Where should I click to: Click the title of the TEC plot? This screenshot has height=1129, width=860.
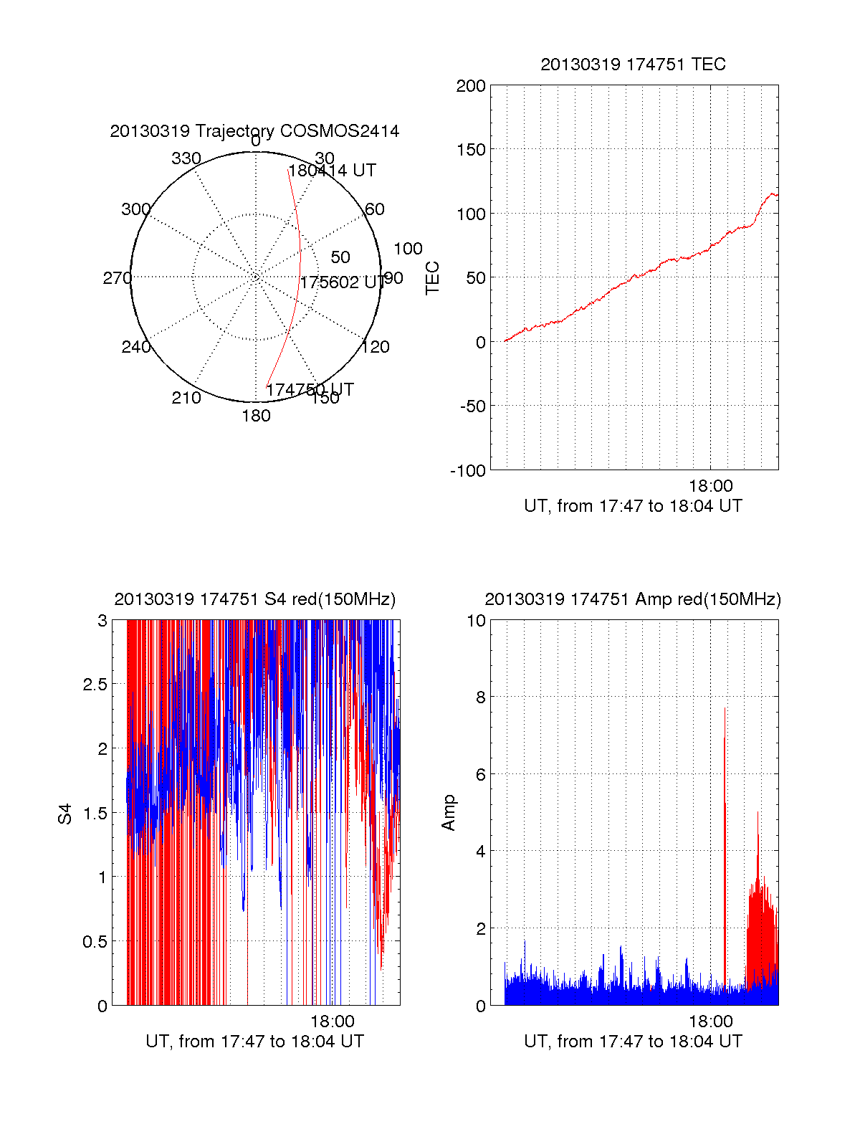tap(633, 65)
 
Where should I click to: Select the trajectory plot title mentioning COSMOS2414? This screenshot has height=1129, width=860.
tap(254, 131)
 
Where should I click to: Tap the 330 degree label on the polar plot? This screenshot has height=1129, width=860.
tap(186, 158)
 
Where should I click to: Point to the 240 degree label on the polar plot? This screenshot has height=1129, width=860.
tap(135, 347)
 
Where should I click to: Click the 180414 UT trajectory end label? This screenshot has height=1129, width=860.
tap(332, 171)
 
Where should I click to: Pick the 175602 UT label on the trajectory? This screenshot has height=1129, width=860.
tap(342, 282)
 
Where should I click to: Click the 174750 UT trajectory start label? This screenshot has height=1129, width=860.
tap(310, 389)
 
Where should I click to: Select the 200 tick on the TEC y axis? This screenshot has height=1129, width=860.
tap(471, 87)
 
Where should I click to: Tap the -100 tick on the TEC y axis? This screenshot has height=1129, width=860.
tap(468, 471)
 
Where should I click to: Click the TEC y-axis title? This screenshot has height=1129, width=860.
tap(433, 278)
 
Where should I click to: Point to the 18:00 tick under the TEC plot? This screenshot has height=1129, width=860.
tap(710, 487)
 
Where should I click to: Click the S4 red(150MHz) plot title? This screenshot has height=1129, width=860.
tap(254, 599)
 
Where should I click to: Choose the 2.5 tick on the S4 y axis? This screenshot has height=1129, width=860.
tap(95, 685)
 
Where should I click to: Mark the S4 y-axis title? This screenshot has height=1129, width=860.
tap(65, 814)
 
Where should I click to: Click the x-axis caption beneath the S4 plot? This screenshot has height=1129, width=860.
tap(254, 1042)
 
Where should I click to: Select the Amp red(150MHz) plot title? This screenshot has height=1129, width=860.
tap(633, 599)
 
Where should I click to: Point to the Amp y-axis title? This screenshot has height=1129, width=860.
tap(449, 813)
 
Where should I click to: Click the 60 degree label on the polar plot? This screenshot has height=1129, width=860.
tap(375, 209)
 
